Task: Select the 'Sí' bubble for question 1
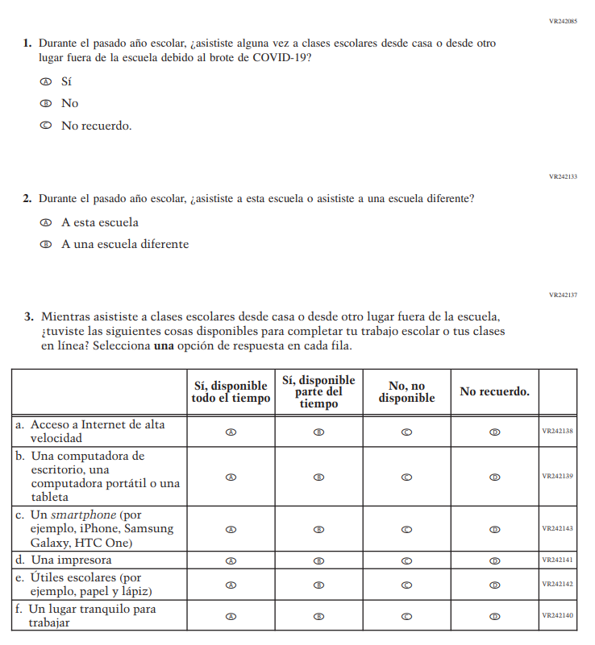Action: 46,81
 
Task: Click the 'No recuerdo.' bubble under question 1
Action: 46,126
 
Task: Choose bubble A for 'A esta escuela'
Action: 46,222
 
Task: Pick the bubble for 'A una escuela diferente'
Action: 46,244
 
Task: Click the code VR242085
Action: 563,21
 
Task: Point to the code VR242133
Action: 563,176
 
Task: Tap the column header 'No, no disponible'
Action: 406,392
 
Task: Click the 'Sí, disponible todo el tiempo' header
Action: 231,392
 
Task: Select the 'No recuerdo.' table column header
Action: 494,392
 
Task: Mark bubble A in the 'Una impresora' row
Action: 231,560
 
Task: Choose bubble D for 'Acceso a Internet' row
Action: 495,432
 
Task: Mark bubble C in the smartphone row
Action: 407,529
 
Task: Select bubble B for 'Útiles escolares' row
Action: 319,585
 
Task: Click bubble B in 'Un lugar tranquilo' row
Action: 319,616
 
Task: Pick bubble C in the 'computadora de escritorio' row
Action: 407,477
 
